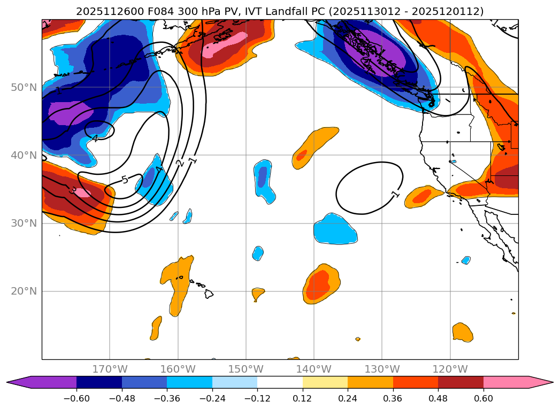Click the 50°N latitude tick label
click(24, 87)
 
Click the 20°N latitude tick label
click(24, 291)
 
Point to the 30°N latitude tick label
click(24, 223)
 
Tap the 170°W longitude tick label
click(110, 369)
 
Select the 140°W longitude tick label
click(313, 369)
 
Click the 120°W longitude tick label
click(450, 369)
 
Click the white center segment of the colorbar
click(280, 382)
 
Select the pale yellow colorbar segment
click(325, 382)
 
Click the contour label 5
click(125, 180)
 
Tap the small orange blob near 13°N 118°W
click(462, 332)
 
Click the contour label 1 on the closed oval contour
click(395, 194)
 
